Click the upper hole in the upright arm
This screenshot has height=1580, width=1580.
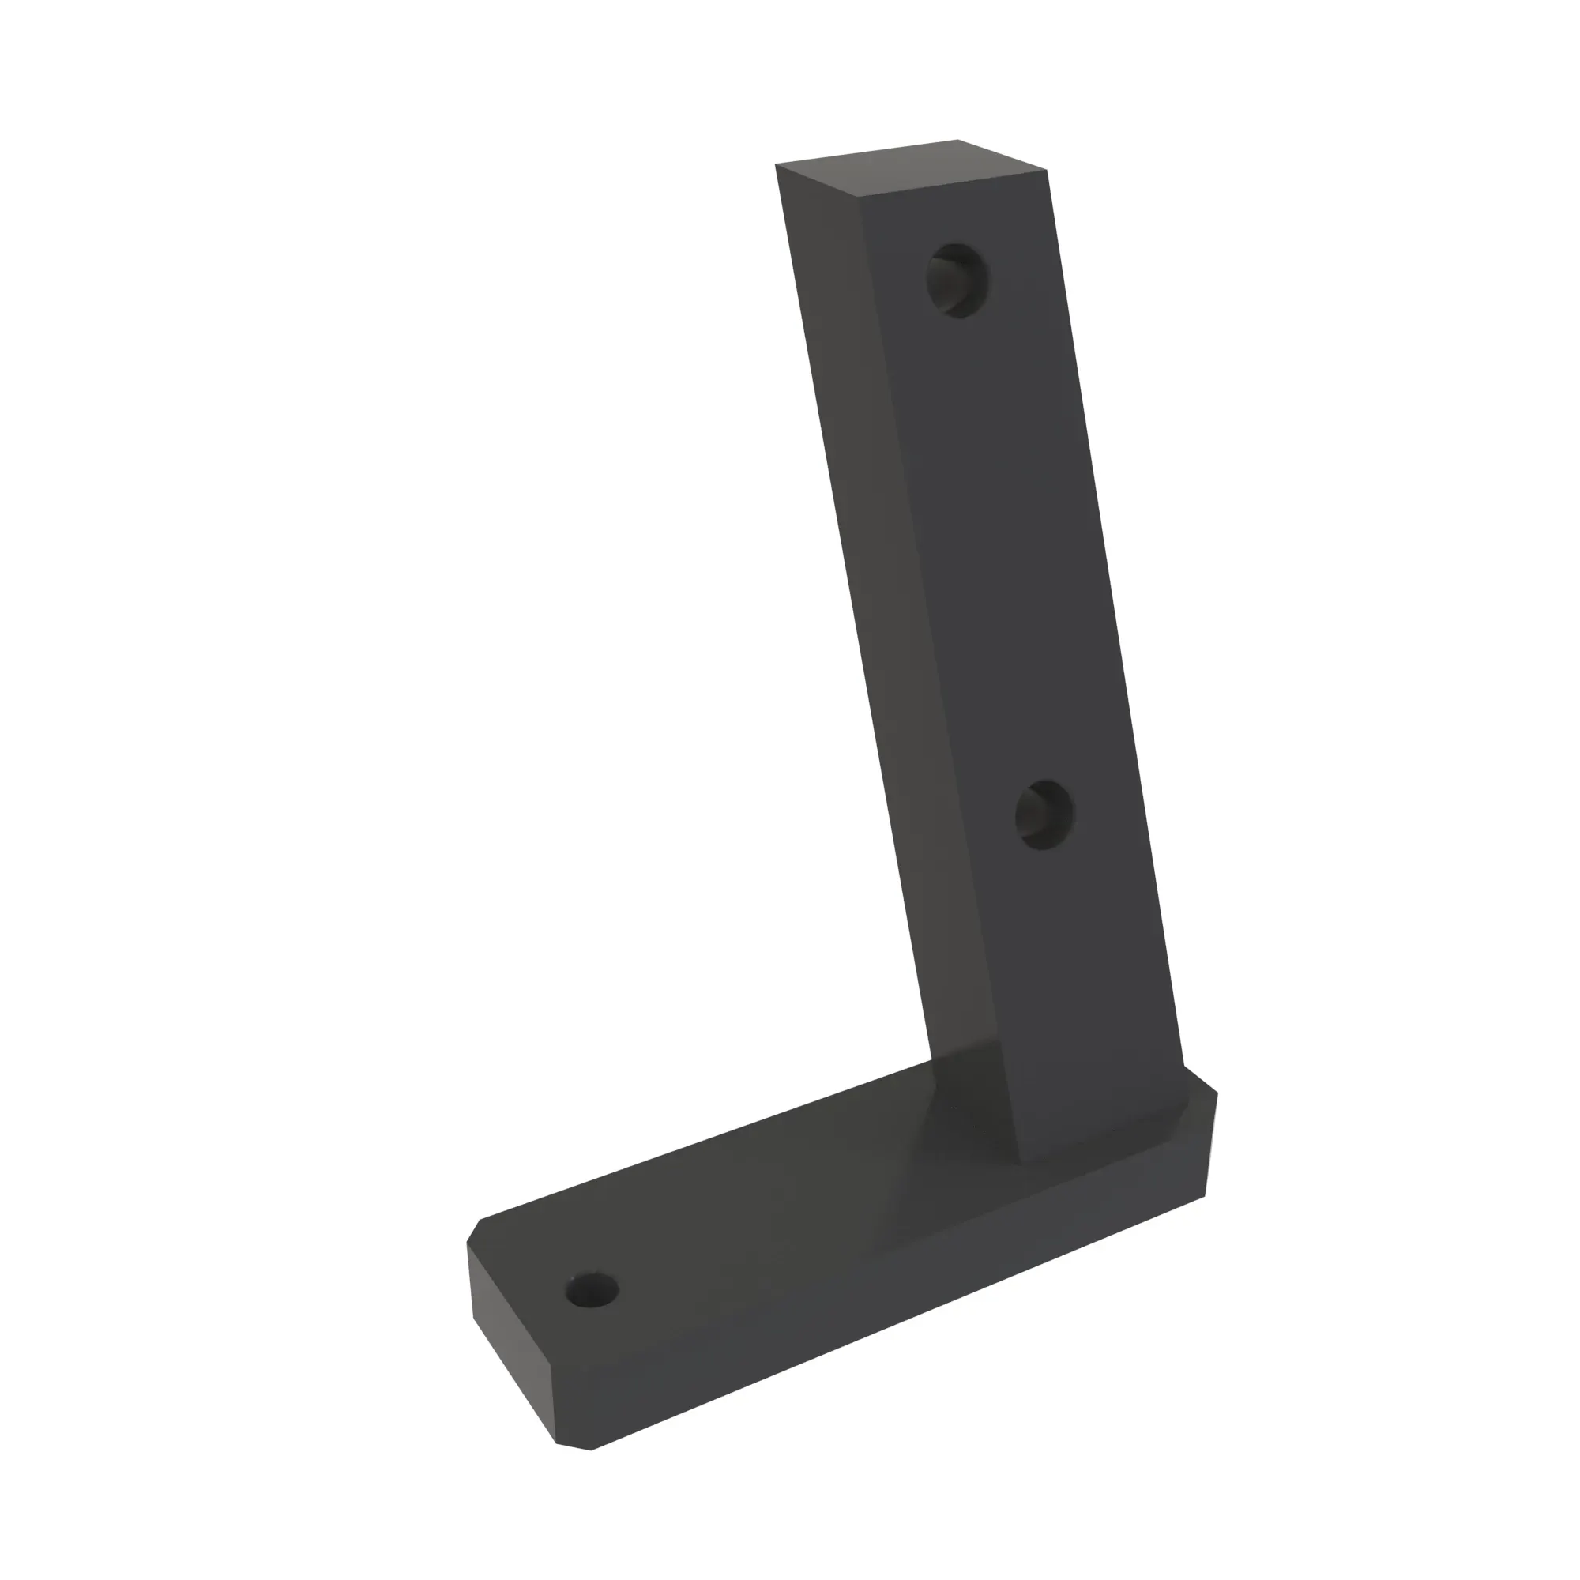pyautogui.click(x=956, y=280)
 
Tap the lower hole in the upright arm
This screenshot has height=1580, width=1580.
pyautogui.click(x=1044, y=814)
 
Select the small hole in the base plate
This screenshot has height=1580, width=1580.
pyautogui.click(x=592, y=1291)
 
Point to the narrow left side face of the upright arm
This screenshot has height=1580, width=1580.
pyautogui.click(x=867, y=573)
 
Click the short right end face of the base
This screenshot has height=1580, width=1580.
pyautogui.click(x=1210, y=1145)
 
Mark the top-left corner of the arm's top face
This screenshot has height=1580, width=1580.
pyautogui.click(x=776, y=164)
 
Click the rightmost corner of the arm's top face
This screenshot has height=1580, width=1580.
pyautogui.click(x=1048, y=170)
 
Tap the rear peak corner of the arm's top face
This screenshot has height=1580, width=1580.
pyautogui.click(x=957, y=140)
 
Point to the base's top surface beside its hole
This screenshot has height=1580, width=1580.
pyautogui.click(x=695, y=1251)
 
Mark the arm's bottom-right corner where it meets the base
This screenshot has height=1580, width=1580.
pyautogui.click(x=1183, y=1066)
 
